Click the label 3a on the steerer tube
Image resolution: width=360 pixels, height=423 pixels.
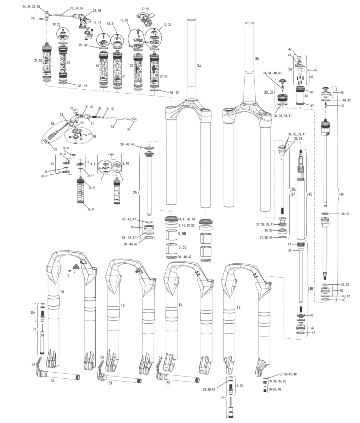point(199,65)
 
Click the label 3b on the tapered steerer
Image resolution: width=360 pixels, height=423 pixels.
point(257,59)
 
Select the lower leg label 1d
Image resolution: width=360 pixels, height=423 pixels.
point(62,292)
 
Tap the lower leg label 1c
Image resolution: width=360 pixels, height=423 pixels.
point(123,305)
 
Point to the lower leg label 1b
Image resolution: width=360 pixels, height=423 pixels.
point(181,305)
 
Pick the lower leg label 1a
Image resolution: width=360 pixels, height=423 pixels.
point(239,307)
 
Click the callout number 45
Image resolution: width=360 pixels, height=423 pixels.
point(310,194)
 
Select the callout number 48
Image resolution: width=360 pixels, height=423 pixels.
point(342,194)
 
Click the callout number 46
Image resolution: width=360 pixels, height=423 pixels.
point(311,289)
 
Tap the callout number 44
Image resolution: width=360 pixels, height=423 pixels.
point(306,96)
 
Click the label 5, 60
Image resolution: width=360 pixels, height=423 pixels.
point(182,234)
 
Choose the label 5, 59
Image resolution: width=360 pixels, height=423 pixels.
point(182,247)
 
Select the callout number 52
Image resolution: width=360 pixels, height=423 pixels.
point(102,358)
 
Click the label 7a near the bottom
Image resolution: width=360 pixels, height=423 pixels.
point(223,397)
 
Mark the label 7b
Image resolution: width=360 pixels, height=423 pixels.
point(34,329)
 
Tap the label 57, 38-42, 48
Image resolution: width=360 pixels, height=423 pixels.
point(288,374)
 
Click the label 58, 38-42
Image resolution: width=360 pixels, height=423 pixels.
point(209,389)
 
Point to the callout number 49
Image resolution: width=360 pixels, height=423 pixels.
point(342,93)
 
